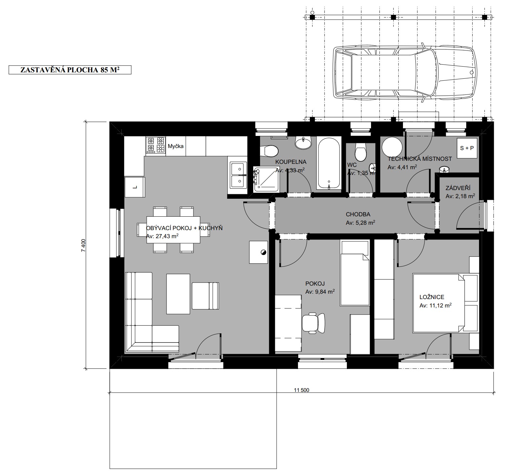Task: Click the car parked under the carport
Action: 405,73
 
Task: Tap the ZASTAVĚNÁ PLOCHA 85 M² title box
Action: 70,70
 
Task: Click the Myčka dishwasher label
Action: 176,146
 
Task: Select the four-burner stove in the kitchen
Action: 156,146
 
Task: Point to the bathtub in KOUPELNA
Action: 329,163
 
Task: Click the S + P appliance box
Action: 467,148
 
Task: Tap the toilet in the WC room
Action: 360,152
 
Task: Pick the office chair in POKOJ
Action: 313,323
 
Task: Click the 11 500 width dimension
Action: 301,390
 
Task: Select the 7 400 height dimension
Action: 83,245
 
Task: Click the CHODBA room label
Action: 358,214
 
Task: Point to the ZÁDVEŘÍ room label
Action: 458,188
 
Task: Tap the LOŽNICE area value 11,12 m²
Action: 436,305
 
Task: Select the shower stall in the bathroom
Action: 266,179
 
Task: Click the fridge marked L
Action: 135,187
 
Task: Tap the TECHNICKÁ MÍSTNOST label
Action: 420,159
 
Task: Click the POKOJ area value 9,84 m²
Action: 320,292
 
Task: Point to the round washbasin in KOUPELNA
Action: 303,143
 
